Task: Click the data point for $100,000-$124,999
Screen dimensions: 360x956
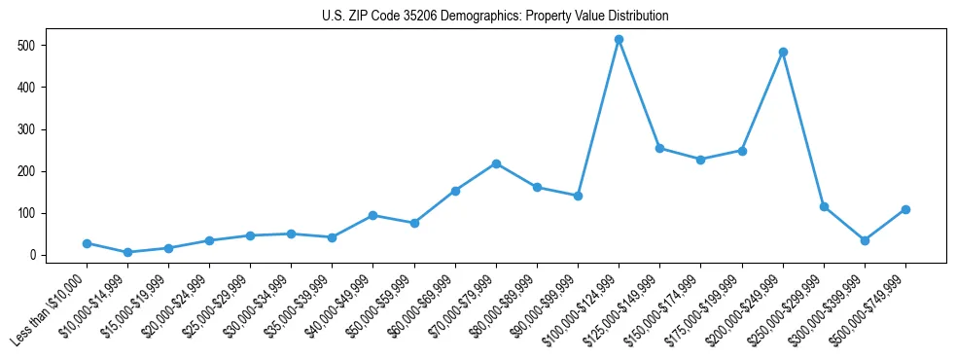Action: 619,40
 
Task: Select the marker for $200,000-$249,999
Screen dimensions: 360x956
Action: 783,53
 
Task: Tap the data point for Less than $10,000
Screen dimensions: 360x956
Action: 87,243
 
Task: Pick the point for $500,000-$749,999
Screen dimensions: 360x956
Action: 905,209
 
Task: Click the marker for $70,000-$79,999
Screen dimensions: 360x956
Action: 496,163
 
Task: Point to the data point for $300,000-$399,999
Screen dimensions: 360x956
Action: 865,240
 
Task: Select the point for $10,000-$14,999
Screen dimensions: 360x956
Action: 127,252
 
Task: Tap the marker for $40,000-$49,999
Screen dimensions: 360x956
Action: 373,215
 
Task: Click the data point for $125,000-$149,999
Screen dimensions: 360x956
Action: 659,148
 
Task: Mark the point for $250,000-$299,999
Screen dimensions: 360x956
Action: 824,206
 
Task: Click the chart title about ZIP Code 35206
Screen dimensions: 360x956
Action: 495,17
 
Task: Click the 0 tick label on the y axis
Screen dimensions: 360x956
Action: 33,255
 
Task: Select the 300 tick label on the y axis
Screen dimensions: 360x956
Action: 27,129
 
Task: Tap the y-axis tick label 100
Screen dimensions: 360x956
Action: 27,213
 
